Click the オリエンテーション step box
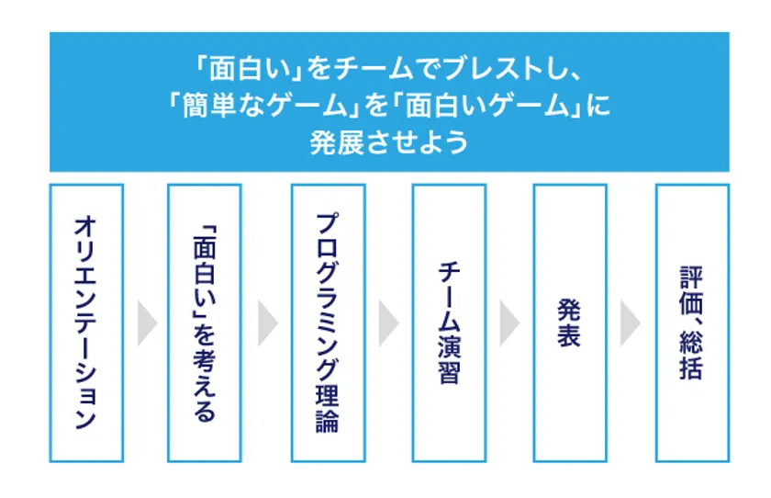click(84, 322)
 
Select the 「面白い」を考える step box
click(205, 322)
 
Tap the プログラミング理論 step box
click(328, 322)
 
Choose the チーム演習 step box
click(448, 322)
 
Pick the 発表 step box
click(569, 322)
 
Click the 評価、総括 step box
click(691, 322)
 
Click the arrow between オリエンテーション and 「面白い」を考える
click(147, 323)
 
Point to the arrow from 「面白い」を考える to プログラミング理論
click(267, 323)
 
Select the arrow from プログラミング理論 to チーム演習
click(388, 323)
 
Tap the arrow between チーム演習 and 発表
click(509, 323)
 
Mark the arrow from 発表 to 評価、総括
click(630, 323)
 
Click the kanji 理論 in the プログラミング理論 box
click(328, 408)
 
